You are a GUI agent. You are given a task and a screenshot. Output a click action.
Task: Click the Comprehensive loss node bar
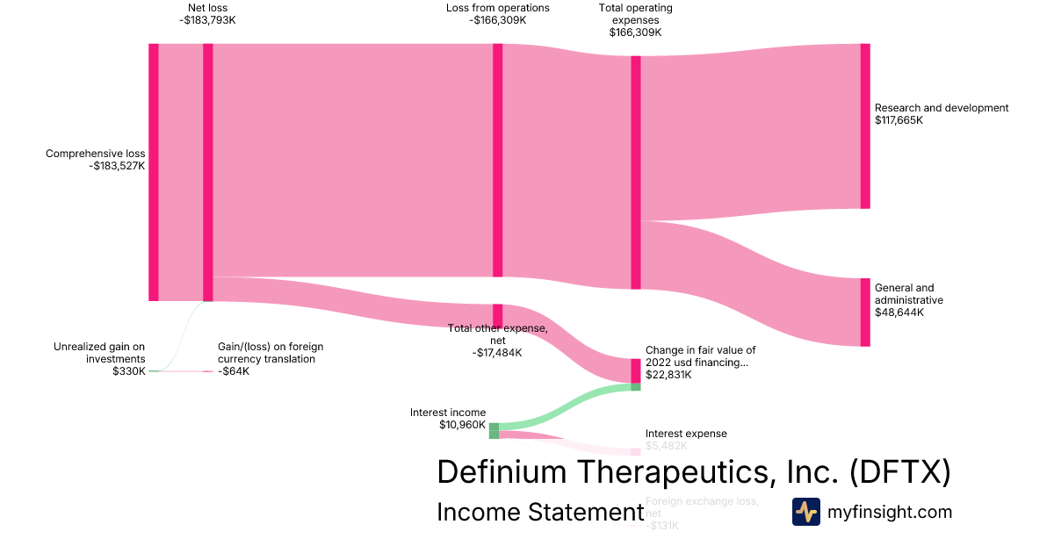(154, 172)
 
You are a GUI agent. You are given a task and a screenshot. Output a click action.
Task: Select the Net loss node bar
(208, 172)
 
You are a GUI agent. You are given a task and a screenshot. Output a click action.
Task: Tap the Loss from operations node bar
(497, 160)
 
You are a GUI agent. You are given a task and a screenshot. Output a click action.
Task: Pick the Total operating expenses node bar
(636, 172)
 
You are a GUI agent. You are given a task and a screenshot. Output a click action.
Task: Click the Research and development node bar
(865, 126)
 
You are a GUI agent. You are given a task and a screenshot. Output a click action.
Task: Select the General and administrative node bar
(865, 312)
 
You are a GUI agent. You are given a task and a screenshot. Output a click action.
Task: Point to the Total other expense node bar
(497, 315)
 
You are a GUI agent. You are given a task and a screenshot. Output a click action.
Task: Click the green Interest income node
(494, 430)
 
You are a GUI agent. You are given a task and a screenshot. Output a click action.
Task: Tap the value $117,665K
(899, 120)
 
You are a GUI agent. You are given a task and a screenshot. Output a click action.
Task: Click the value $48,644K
(899, 312)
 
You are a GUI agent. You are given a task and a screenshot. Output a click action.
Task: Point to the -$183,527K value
(117, 166)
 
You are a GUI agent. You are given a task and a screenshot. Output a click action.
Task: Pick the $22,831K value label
(668, 375)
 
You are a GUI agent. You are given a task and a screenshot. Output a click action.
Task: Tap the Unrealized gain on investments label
(99, 352)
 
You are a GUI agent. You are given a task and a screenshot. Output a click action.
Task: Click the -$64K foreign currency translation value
(234, 371)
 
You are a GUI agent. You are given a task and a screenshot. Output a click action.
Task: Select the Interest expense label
(686, 434)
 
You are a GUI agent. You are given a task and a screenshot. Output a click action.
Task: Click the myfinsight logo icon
(806, 512)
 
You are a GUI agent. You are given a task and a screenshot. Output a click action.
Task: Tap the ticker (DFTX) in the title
(900, 471)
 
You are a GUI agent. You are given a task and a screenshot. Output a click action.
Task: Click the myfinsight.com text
(890, 512)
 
